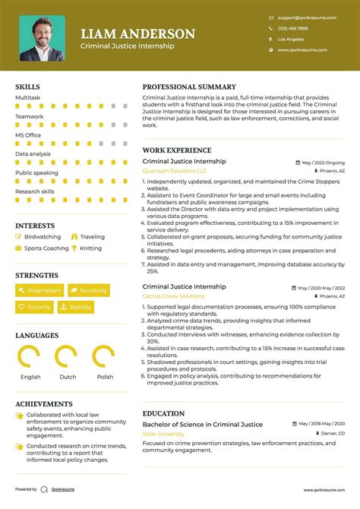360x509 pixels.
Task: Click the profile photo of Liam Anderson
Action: [42, 38]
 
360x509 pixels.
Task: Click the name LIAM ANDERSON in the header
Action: [137, 33]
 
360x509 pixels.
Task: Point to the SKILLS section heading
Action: [27, 87]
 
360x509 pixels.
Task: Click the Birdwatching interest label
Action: [43, 237]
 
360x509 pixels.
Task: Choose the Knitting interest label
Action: [90, 248]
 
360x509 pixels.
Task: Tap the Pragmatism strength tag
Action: [39, 290]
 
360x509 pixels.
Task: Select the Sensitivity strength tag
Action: [89, 290]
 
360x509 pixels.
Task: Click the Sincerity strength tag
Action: [35, 308]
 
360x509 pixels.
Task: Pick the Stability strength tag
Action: [76, 308]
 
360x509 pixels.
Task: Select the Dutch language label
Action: [68, 377]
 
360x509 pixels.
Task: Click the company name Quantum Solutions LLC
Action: [174, 171]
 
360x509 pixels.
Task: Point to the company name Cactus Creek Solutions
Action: [173, 296]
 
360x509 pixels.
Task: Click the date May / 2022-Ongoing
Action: [323, 163]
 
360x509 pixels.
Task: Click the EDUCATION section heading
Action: [164, 413]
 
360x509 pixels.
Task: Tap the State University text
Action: [163, 434]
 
